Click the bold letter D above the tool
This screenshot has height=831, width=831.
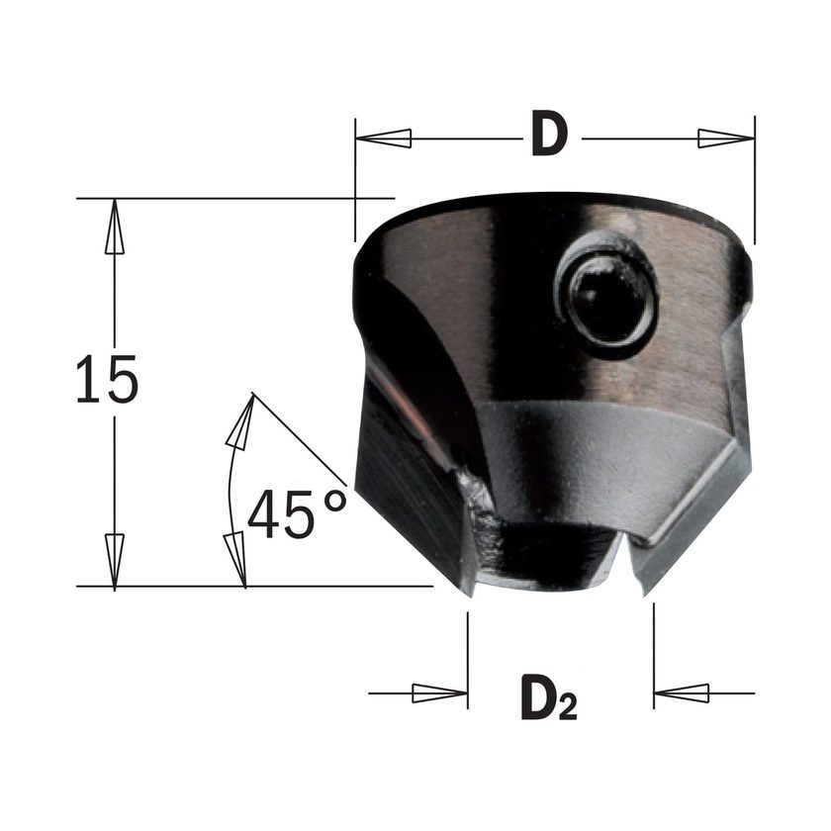click(x=550, y=133)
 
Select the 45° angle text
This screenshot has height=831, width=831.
click(x=297, y=513)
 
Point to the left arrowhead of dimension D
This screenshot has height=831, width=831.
click(x=384, y=138)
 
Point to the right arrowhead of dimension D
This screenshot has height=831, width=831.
click(x=726, y=138)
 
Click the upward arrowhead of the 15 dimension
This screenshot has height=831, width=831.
click(x=115, y=227)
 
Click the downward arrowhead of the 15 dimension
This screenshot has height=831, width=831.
click(x=115, y=560)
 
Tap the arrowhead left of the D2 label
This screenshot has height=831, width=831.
click(x=440, y=692)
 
